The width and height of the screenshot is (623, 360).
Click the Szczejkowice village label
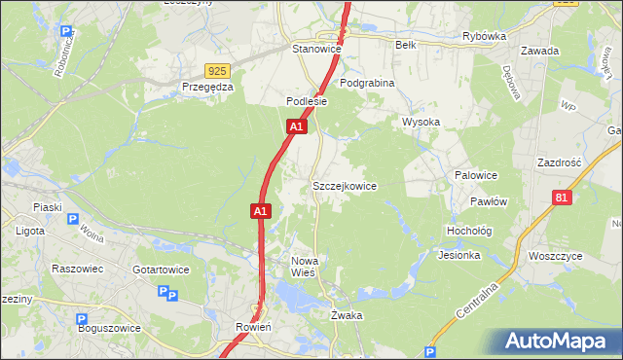344,186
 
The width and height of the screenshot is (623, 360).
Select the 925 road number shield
217,71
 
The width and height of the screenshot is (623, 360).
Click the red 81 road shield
560,198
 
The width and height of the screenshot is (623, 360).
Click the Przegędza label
207,87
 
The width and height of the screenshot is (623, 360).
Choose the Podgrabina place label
367,84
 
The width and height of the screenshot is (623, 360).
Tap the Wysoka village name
421,123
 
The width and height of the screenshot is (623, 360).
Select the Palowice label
476,175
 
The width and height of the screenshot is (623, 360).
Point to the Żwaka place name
347,316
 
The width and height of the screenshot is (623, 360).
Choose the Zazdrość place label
559,162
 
